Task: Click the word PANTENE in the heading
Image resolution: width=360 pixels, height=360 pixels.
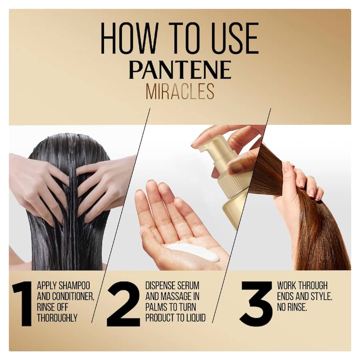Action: click(180, 70)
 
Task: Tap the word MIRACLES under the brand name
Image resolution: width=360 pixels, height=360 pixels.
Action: click(180, 92)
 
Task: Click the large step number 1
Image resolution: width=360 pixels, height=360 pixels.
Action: click(23, 304)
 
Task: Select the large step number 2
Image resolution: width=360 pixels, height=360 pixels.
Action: click(123, 304)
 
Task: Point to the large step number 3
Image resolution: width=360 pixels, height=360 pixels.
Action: click(256, 304)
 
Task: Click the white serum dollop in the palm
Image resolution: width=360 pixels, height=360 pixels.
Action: click(194, 252)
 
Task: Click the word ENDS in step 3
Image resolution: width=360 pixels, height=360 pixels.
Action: click(288, 297)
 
